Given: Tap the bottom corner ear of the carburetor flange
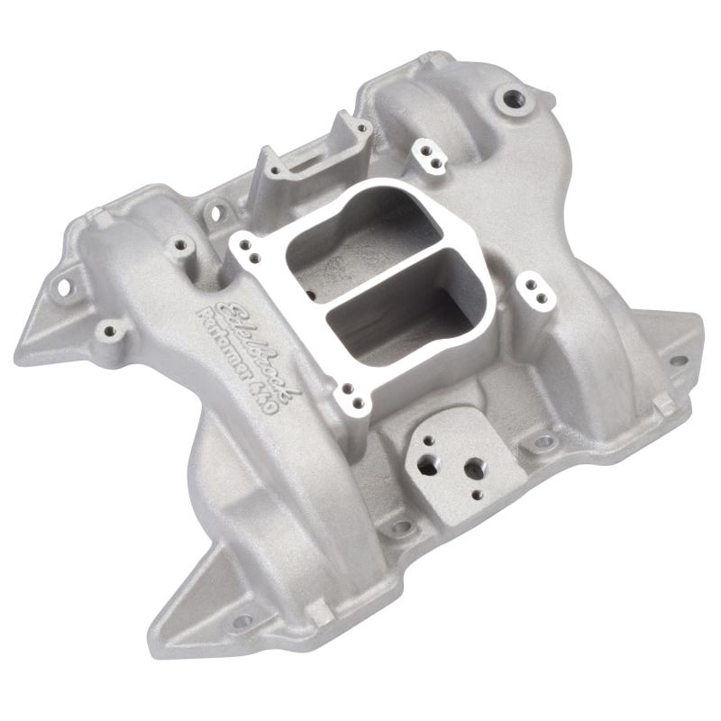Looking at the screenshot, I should coord(353,397).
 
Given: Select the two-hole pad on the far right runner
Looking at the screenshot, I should coord(534,289).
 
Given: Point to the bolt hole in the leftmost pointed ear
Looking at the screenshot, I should coord(64,288).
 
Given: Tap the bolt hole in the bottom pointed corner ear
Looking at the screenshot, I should coord(242,621).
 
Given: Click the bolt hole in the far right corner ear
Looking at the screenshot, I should coord(677,360).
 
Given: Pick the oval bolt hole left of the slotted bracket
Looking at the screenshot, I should coord(216,213).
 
